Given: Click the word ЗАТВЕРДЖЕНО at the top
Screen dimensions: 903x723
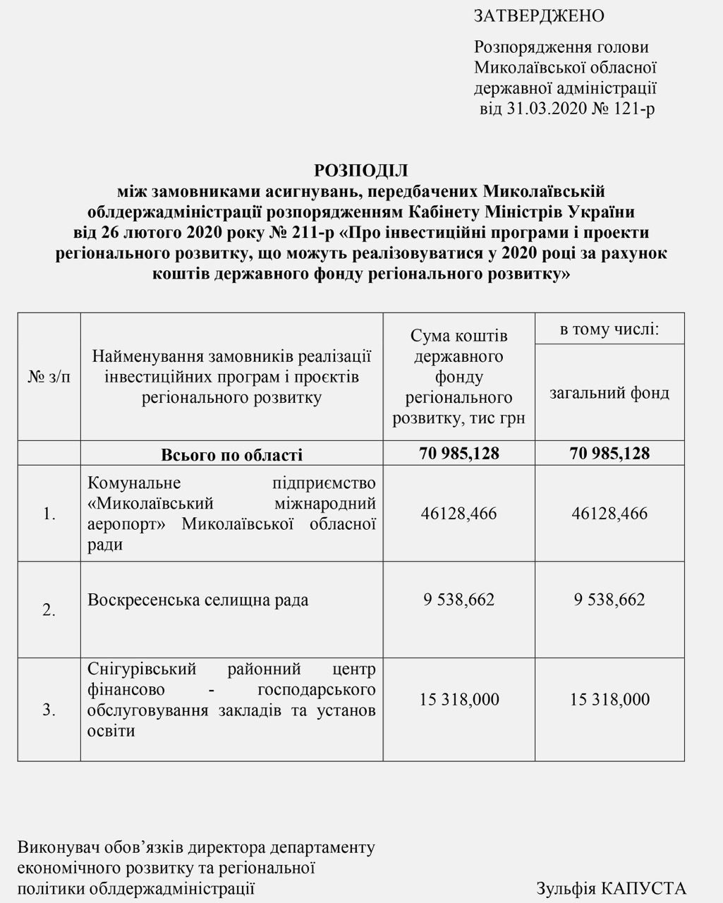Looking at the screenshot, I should coord(539,16).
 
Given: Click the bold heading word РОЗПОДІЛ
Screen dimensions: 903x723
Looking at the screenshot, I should coord(361,170).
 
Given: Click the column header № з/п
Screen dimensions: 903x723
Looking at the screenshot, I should coord(49,377).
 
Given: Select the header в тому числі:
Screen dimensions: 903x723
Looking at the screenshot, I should coord(609,329).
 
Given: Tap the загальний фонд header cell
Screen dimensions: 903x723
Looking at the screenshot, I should coord(609,392).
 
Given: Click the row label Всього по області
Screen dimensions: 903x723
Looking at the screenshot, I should coord(231,454).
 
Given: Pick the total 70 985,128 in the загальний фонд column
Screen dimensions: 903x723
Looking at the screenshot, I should coord(609,453).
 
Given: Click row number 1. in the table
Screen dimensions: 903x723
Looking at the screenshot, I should coord(49,514).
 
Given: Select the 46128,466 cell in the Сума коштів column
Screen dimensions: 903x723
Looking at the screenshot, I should coord(458,513).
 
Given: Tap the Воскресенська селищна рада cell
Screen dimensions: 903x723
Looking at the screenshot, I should coord(198,600).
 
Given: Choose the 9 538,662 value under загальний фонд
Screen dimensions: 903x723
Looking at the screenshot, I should coord(609,600).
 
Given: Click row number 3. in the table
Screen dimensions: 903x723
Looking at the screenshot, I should coord(49,710).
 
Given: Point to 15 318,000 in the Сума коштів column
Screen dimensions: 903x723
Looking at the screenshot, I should coord(458,699).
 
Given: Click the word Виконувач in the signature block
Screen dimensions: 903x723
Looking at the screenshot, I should coord(54,847).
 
